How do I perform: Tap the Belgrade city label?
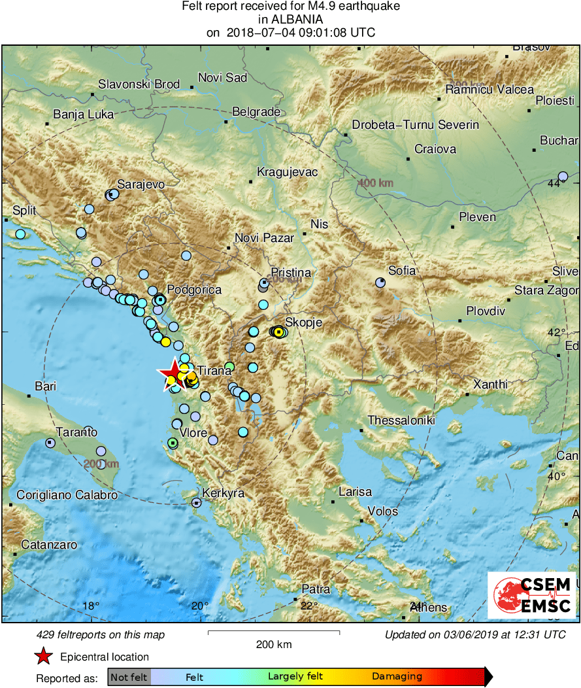(x=257, y=112)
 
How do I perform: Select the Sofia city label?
(x=402, y=270)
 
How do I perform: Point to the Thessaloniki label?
(x=401, y=421)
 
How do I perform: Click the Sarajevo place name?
(x=141, y=184)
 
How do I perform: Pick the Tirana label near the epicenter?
(x=214, y=371)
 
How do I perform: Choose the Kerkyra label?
(x=224, y=493)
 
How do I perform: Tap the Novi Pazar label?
(x=264, y=239)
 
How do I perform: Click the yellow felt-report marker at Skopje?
(x=279, y=332)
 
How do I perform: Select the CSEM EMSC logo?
(x=531, y=595)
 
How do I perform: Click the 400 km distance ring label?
(x=375, y=183)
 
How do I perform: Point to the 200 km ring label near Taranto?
(x=101, y=464)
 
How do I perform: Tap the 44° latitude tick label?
(x=555, y=184)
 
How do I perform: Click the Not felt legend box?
(x=129, y=677)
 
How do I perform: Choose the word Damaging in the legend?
(x=397, y=677)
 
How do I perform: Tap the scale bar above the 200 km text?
(x=274, y=632)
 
